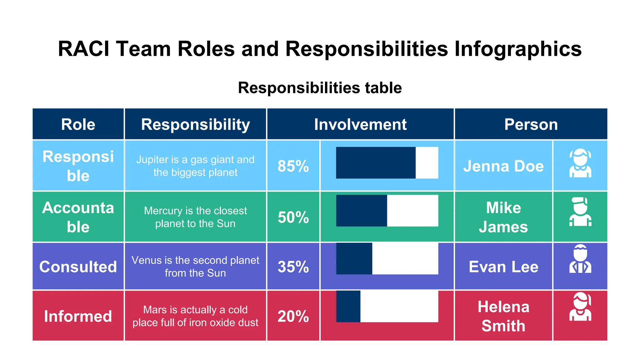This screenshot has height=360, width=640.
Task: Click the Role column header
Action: coord(78,124)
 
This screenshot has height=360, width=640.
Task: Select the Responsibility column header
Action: coord(195,124)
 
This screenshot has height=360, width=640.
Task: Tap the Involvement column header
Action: coord(360,124)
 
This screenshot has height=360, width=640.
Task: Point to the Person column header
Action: coord(531,124)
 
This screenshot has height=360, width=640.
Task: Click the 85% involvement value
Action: coord(293,166)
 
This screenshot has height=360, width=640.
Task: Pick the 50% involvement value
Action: coord(293,217)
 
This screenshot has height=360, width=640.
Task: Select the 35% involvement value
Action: coord(293,267)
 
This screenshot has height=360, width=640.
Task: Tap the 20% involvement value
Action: coord(293,316)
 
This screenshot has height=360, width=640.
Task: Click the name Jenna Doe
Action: coord(503,166)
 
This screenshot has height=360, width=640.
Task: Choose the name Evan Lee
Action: coord(503,267)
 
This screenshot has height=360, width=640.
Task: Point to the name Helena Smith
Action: coord(503,316)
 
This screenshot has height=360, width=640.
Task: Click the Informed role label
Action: coord(78,316)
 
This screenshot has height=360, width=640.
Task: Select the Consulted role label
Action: coord(78,267)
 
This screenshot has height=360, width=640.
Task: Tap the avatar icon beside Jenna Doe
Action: coord(580,163)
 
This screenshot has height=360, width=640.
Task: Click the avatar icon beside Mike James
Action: coord(580,212)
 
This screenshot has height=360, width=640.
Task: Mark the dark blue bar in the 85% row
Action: coord(376,163)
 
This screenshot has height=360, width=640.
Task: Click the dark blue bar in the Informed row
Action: coord(348,306)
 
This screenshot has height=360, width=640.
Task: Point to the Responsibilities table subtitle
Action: coord(320,87)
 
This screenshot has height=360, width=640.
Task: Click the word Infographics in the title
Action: coord(518,49)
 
